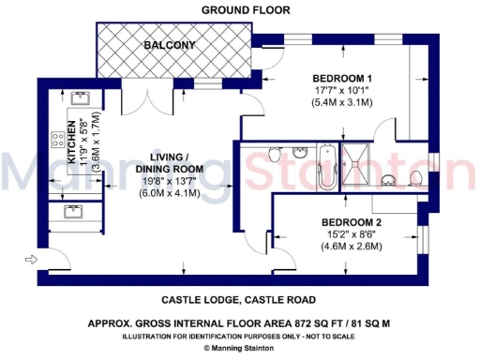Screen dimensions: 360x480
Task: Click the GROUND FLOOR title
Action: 245,9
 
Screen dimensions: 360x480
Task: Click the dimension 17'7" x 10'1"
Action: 342,90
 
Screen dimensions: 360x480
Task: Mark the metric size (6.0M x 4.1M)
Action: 171,191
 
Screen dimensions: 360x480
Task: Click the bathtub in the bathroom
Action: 323,166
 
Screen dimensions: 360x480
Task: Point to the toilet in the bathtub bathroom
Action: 274,155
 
